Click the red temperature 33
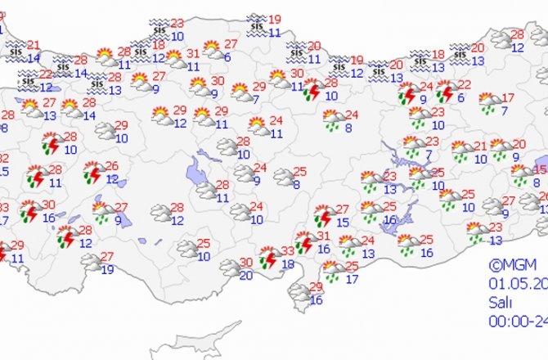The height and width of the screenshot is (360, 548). point(287,250)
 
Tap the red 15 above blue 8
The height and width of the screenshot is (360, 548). point(537,169)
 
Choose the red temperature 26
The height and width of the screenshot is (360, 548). point(112,166)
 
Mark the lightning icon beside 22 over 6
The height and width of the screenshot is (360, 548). point(446,90)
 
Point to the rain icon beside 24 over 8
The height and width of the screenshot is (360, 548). point(333,122)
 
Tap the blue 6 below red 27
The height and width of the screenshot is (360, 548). point(226,56)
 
